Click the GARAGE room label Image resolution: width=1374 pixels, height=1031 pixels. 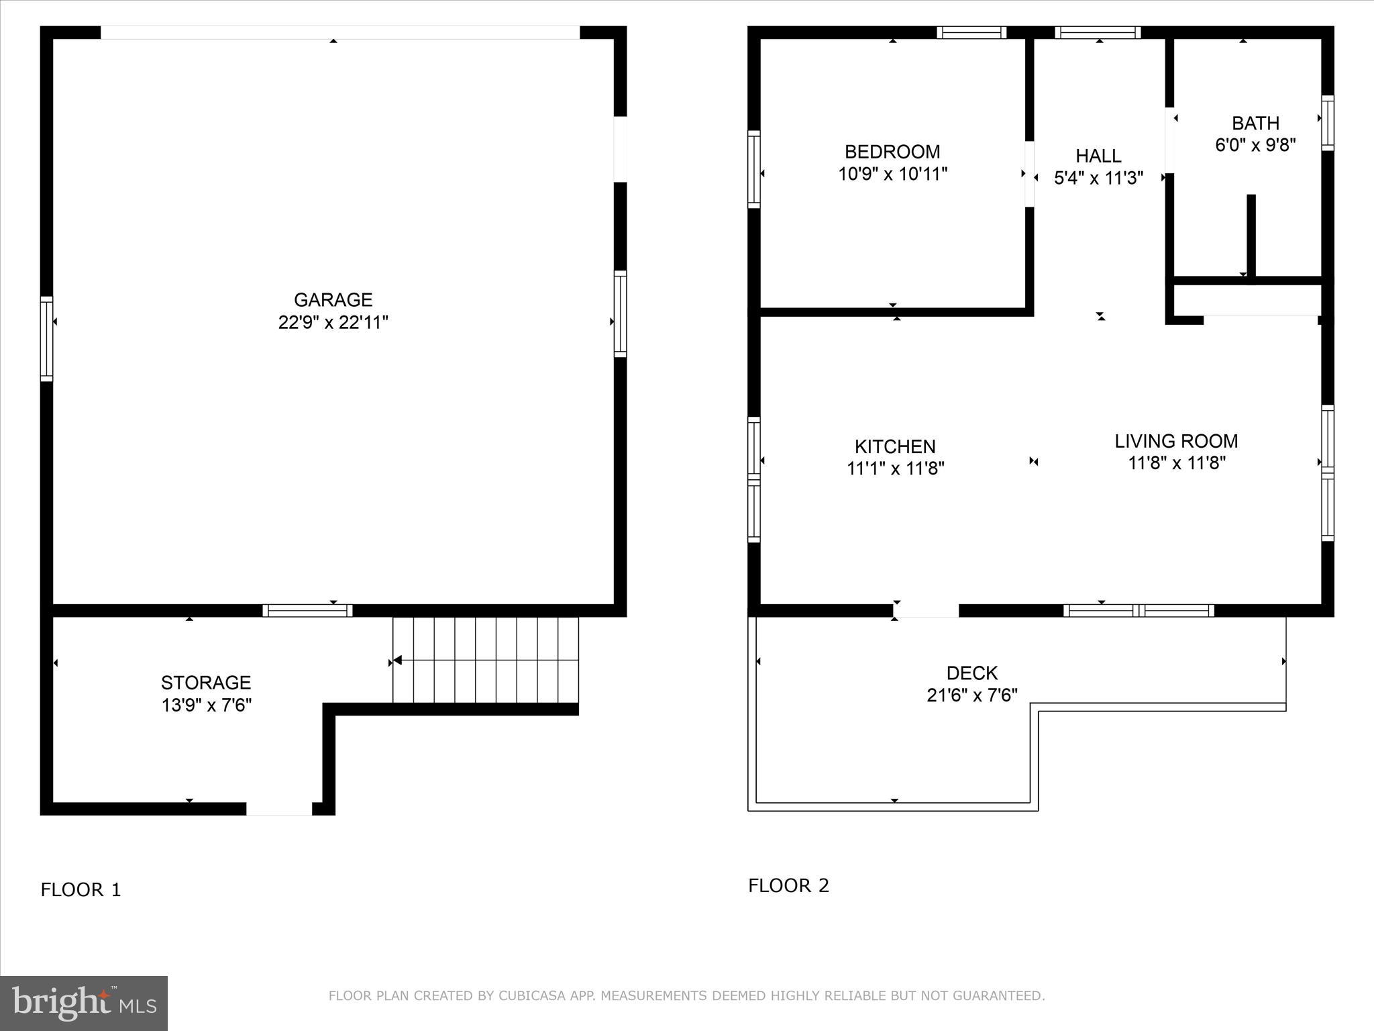(333, 299)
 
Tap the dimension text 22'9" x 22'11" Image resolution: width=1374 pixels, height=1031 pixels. (333, 323)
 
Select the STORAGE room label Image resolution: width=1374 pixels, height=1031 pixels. (205, 683)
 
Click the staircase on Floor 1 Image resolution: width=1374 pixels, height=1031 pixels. (485, 660)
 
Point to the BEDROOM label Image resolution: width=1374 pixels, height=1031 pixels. (892, 152)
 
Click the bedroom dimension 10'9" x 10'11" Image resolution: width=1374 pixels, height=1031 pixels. (892, 175)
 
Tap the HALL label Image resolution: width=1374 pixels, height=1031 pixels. (1098, 156)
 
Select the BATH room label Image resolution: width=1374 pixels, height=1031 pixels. (1255, 124)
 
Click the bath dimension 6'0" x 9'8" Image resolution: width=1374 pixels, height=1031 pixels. (1255, 145)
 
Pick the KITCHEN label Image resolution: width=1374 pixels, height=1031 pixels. (894, 446)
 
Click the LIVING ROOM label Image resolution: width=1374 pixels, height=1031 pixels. (1175, 441)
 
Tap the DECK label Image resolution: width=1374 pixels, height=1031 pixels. (971, 673)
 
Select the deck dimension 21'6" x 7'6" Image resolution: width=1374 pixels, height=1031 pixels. (971, 695)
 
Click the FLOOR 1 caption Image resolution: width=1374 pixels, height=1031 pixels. (81, 890)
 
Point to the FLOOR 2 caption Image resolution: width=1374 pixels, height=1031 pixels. (788, 885)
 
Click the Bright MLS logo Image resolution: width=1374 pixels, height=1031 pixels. (83, 1003)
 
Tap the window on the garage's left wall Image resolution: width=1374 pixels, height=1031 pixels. (46, 338)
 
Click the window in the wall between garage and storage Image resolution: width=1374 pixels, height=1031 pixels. (307, 610)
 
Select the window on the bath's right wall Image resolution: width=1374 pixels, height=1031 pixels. (1327, 123)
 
